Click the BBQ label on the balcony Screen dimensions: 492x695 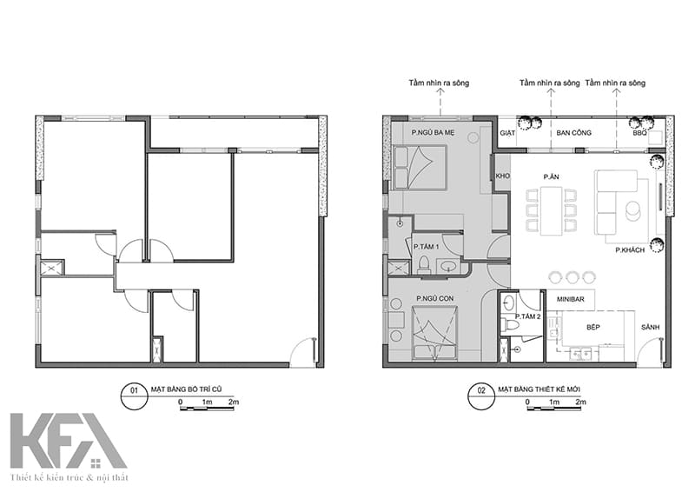click(x=639, y=134)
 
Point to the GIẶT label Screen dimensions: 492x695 click(x=508, y=134)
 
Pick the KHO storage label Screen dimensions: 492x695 click(x=501, y=176)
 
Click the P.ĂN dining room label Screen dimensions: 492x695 click(x=551, y=176)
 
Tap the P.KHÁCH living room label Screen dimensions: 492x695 click(x=627, y=249)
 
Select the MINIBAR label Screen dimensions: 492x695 click(x=571, y=298)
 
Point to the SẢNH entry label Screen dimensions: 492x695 click(x=651, y=327)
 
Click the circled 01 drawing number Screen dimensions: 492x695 click(x=133, y=390)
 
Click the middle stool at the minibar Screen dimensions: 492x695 click(x=572, y=277)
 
